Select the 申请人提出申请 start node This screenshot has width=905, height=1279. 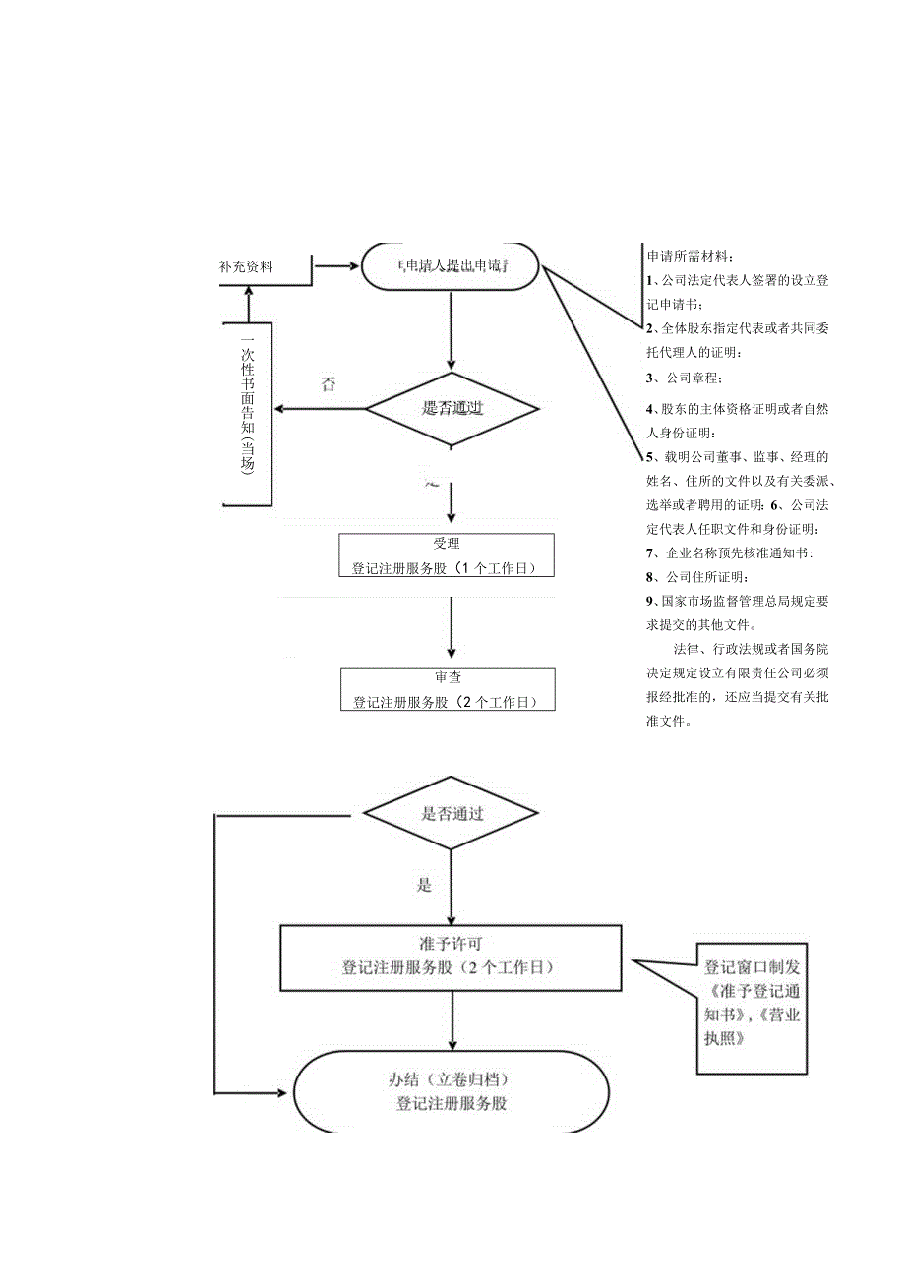(451, 265)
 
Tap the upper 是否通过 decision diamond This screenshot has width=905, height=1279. (452, 408)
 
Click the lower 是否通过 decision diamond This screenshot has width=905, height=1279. (452, 813)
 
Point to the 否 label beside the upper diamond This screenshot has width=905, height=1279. (328, 385)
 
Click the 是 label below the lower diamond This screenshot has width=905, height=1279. (424, 885)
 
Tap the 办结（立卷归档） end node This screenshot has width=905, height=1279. (451, 1092)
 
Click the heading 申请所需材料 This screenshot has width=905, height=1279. (689, 256)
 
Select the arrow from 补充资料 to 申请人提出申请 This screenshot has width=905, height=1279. (337, 265)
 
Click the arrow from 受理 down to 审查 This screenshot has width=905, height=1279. (452, 626)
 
